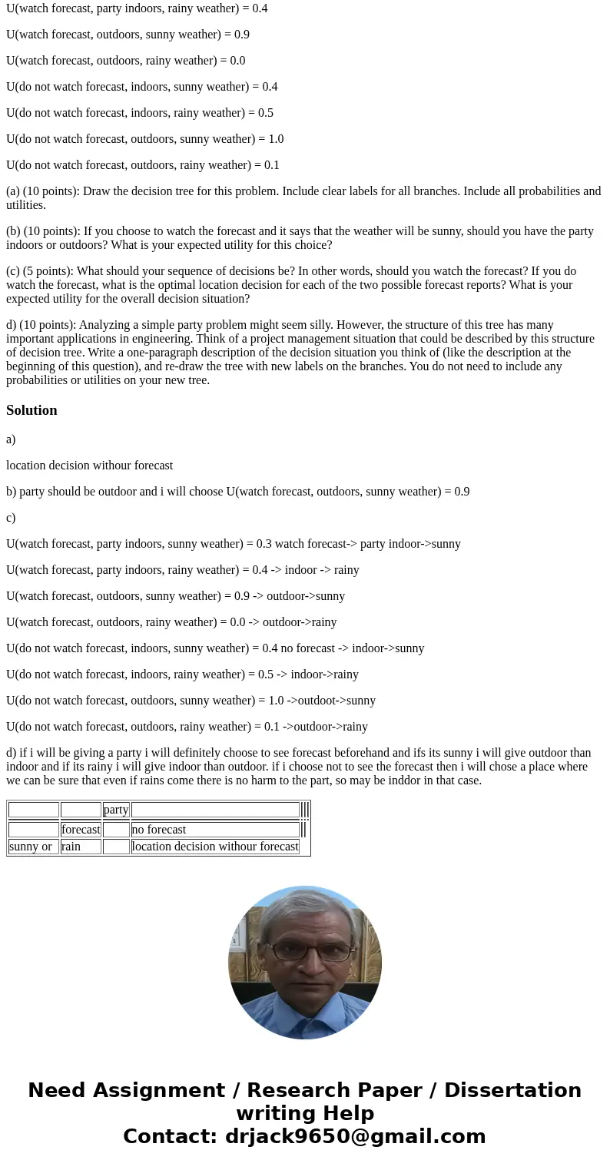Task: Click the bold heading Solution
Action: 31,410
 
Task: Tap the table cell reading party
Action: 116,810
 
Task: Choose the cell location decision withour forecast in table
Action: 215,847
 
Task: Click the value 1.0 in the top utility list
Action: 275,139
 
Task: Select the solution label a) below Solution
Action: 11,439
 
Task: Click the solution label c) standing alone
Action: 11,518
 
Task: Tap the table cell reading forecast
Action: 81,830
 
